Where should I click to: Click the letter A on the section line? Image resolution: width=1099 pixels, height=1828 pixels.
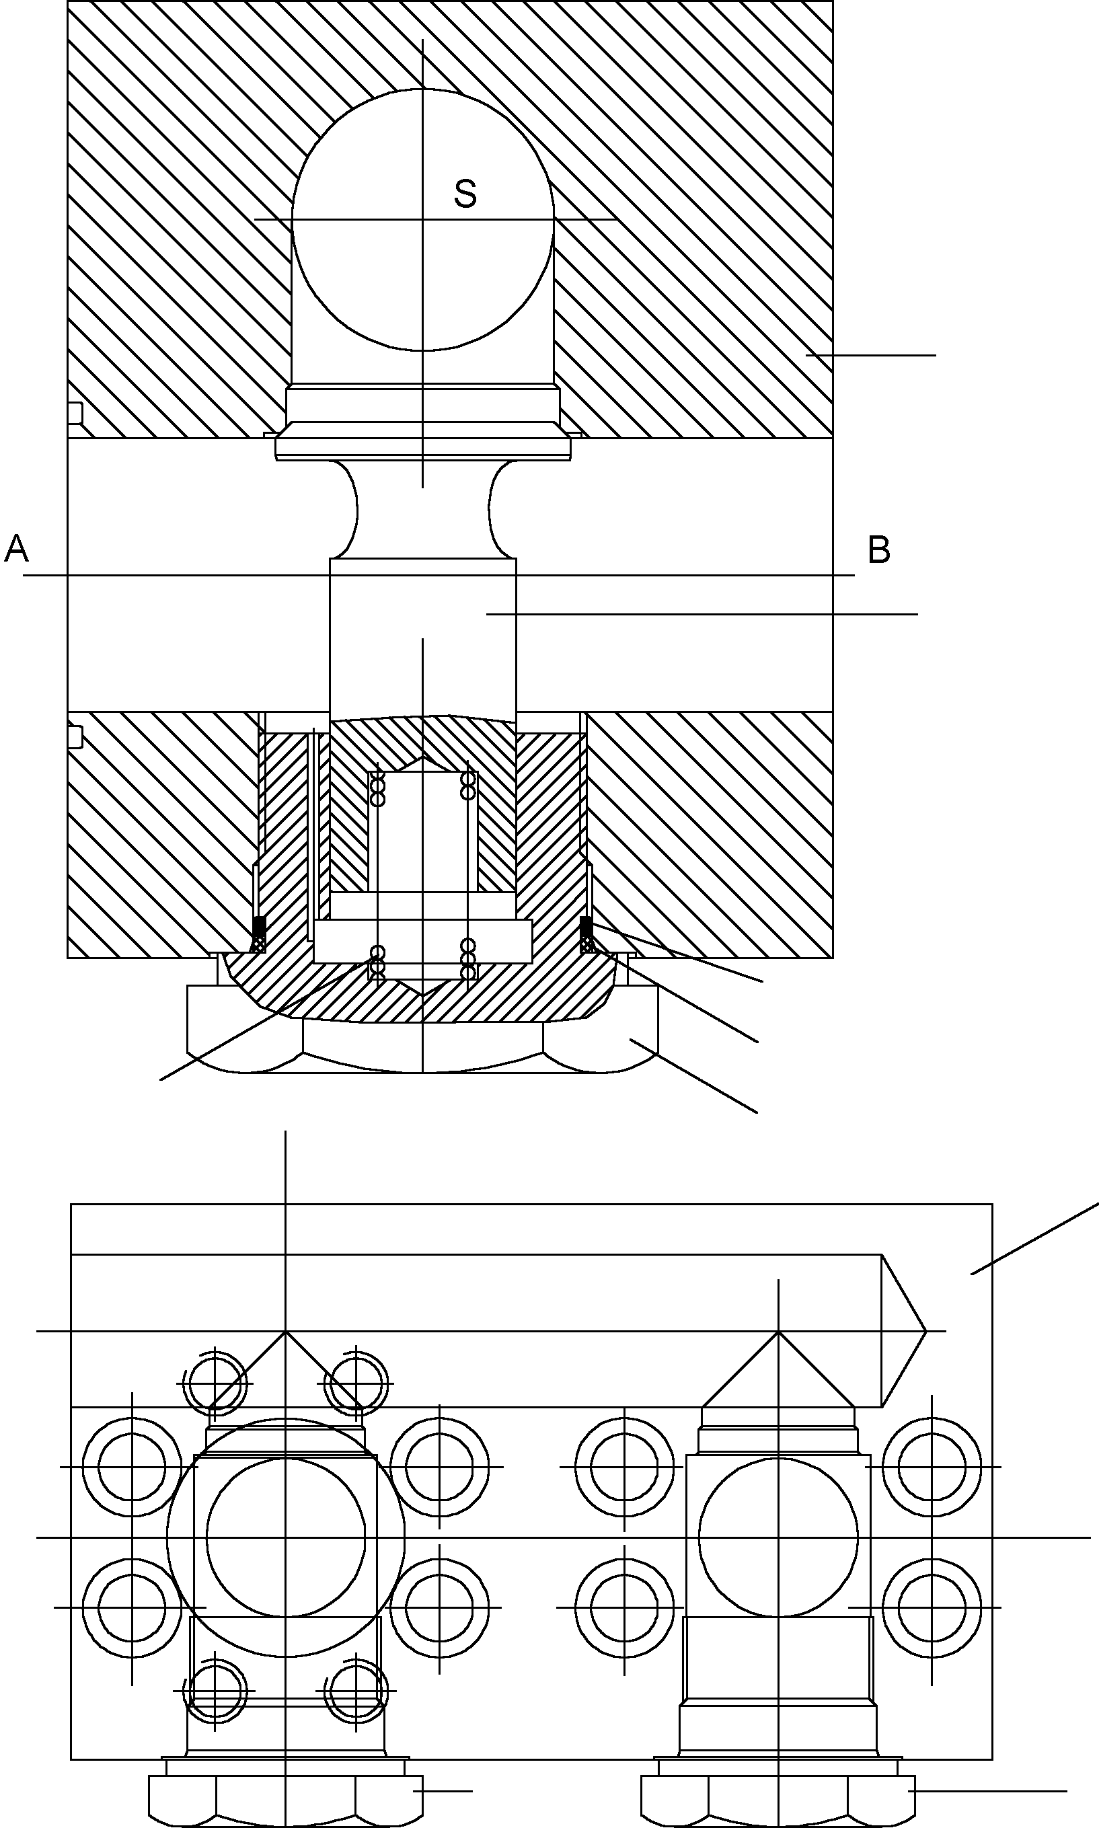(16, 549)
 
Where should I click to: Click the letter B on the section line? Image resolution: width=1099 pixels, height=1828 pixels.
(878, 550)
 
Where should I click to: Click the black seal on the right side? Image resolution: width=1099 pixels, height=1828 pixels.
(586, 925)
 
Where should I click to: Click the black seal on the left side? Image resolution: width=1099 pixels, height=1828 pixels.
(259, 925)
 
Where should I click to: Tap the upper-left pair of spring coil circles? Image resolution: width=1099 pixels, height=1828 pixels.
(378, 791)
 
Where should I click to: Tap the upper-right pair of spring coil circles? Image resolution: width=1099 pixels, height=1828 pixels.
(468, 786)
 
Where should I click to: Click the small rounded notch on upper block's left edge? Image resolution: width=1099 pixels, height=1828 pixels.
(75, 413)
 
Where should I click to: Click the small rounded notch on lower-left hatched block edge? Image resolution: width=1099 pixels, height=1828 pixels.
(75, 736)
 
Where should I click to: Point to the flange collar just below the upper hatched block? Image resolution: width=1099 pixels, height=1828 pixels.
(423, 447)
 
